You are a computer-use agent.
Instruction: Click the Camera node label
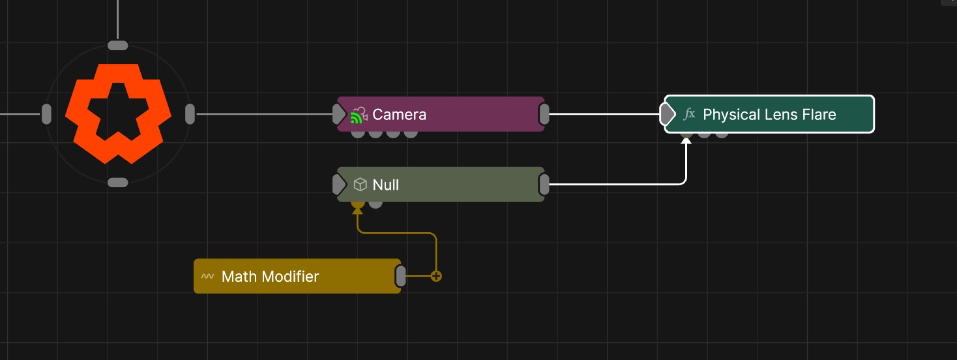point(399,115)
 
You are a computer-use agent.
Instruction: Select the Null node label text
point(385,185)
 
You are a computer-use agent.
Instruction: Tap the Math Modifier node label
point(270,277)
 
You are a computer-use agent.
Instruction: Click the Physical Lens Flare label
point(769,115)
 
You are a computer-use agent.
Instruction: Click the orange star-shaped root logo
point(118,113)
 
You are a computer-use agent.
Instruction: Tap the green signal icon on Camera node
point(356,119)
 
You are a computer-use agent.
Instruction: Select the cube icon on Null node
point(360,185)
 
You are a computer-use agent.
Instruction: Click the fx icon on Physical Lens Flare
point(689,114)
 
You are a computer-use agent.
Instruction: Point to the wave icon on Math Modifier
point(207,276)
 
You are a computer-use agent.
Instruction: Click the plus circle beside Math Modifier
point(436,276)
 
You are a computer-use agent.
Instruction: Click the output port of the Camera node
point(544,114)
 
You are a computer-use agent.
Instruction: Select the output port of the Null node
point(544,185)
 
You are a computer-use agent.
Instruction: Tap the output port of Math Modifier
point(401,276)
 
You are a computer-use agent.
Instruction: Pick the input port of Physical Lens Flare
point(667,114)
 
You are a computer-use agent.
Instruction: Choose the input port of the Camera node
point(339,114)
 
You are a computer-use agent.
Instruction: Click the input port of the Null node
point(339,185)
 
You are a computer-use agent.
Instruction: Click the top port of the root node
point(117,45)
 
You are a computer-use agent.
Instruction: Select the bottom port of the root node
point(117,183)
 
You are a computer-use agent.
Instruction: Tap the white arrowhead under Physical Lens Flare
point(686,140)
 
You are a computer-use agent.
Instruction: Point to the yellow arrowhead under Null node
point(357,210)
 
